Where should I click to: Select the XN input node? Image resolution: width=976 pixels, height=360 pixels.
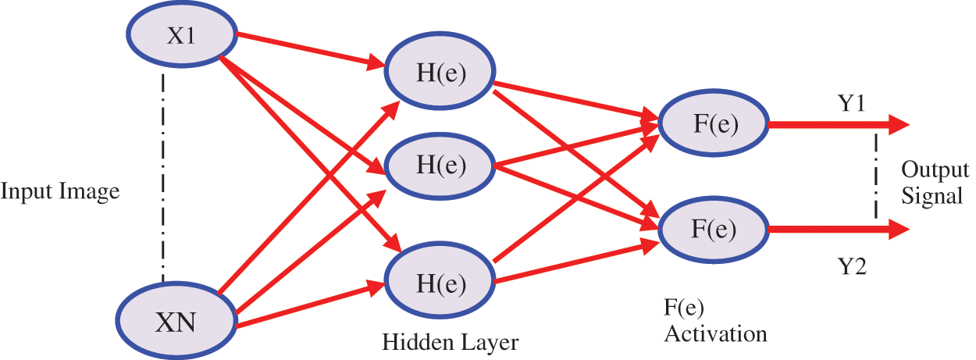[178, 319]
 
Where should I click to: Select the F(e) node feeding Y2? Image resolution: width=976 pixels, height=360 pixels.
[714, 229]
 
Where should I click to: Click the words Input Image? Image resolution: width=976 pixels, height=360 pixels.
[60, 191]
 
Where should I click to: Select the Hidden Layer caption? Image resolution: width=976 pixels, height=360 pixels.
[450, 342]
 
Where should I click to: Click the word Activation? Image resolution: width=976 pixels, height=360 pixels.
[714, 333]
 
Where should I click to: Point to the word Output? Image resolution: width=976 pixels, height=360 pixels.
[935, 169]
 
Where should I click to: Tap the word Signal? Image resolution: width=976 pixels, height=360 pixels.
[932, 195]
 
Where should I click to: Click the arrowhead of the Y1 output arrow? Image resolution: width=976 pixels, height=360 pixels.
[899, 124]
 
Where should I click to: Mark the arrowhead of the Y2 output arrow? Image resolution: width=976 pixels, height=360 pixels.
[899, 229]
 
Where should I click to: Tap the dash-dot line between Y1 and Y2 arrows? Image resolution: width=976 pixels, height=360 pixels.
[876, 176]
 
